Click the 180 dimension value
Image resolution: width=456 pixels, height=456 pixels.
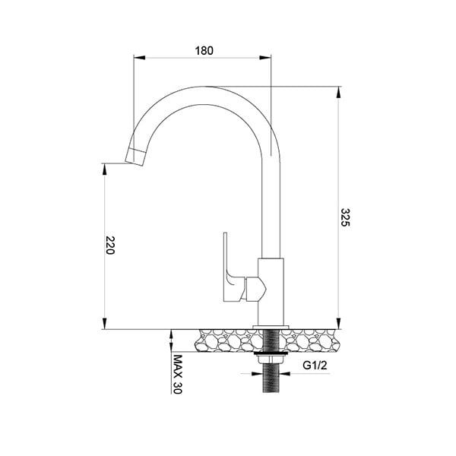click(204, 51)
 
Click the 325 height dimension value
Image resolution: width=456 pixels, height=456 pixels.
click(347, 217)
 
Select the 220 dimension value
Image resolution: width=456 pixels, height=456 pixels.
click(111, 245)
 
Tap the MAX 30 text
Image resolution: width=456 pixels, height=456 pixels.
click(178, 373)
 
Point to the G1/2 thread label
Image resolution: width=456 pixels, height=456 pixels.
click(315, 366)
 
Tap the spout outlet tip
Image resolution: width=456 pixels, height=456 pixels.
click(134, 157)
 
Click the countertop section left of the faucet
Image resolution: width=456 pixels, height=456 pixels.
click(224, 339)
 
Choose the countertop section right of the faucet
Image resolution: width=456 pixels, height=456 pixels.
click(312, 339)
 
